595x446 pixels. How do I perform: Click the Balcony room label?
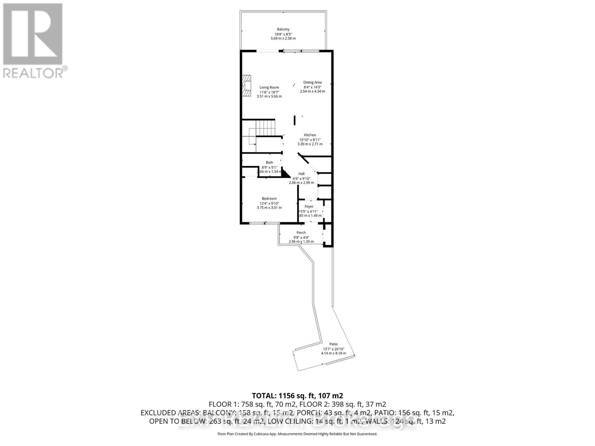[283, 29]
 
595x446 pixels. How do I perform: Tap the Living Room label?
[269, 87]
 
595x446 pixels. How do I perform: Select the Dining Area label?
[312, 83]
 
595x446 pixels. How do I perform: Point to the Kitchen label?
[310, 135]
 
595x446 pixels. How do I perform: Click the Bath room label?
[269, 162]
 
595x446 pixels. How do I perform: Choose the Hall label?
[301, 174]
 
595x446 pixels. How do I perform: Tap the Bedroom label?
[269, 198]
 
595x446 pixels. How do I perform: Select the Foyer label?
[309, 206]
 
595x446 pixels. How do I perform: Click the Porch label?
[301, 233]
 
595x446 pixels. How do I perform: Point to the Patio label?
[333, 344]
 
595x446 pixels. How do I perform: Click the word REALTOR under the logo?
[33, 72]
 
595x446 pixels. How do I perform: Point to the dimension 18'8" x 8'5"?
[283, 34]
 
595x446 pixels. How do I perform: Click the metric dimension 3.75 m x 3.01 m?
[269, 208]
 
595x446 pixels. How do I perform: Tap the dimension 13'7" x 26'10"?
[334, 349]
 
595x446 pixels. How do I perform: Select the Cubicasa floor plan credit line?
[297, 434]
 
